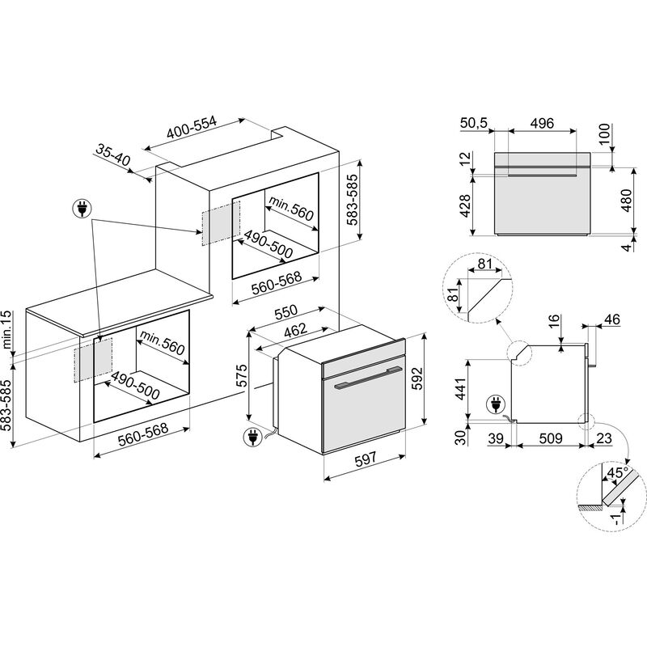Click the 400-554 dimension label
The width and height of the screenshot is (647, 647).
(x=192, y=133)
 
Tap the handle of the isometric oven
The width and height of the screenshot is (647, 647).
(x=369, y=378)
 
